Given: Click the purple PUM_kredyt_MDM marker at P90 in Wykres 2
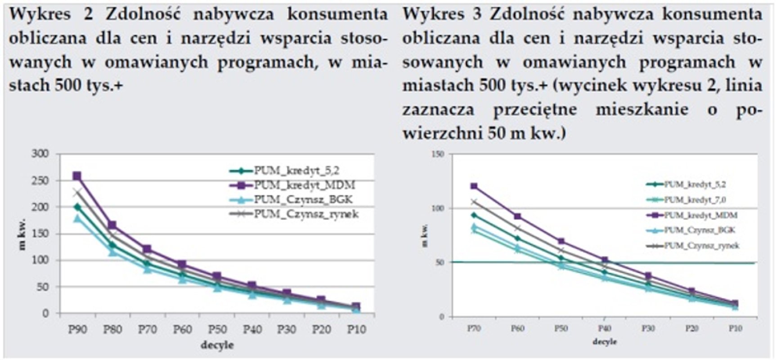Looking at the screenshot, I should [x=77, y=176].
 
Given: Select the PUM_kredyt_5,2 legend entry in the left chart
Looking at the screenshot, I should [x=296, y=171].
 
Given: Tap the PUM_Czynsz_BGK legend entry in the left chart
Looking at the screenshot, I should [x=303, y=200].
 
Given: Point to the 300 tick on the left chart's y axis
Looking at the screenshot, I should [x=40, y=154].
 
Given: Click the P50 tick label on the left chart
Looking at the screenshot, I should [x=217, y=330].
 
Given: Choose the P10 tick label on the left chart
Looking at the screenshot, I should [x=357, y=330].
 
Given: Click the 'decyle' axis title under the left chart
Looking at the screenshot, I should [x=217, y=345].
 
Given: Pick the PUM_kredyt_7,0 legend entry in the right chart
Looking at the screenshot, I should [x=695, y=200].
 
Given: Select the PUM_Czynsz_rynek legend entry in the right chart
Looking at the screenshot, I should [x=702, y=246].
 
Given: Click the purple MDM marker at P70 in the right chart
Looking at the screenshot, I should [x=474, y=186].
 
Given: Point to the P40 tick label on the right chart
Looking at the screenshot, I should [x=605, y=328].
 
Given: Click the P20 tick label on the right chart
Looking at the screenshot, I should [x=691, y=328].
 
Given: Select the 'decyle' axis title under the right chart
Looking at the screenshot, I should [x=605, y=342].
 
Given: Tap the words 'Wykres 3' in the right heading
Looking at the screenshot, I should [x=442, y=14].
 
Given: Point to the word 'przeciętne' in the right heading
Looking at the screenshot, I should [x=535, y=110].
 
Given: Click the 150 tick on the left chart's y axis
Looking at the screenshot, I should [x=40, y=234].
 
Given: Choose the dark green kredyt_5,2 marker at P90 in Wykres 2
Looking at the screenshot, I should [x=77, y=207].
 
